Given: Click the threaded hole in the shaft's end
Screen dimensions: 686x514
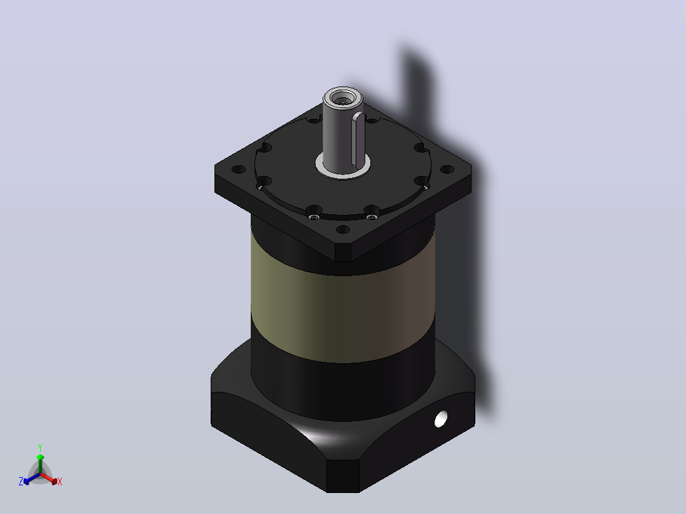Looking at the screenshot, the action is pos(342,99).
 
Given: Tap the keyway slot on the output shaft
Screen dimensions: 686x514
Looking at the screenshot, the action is pos(360,140).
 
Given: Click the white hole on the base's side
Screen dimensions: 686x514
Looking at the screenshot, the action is pos(440,419).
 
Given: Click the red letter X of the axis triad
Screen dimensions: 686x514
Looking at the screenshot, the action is pos(60,482).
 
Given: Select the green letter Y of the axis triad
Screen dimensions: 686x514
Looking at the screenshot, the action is pos(40,447).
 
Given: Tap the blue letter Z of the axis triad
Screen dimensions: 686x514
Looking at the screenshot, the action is pos(21,481).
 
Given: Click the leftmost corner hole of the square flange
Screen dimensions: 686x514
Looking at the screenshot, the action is pos(239,169).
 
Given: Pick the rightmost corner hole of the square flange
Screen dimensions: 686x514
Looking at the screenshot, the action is pos(447,169).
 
